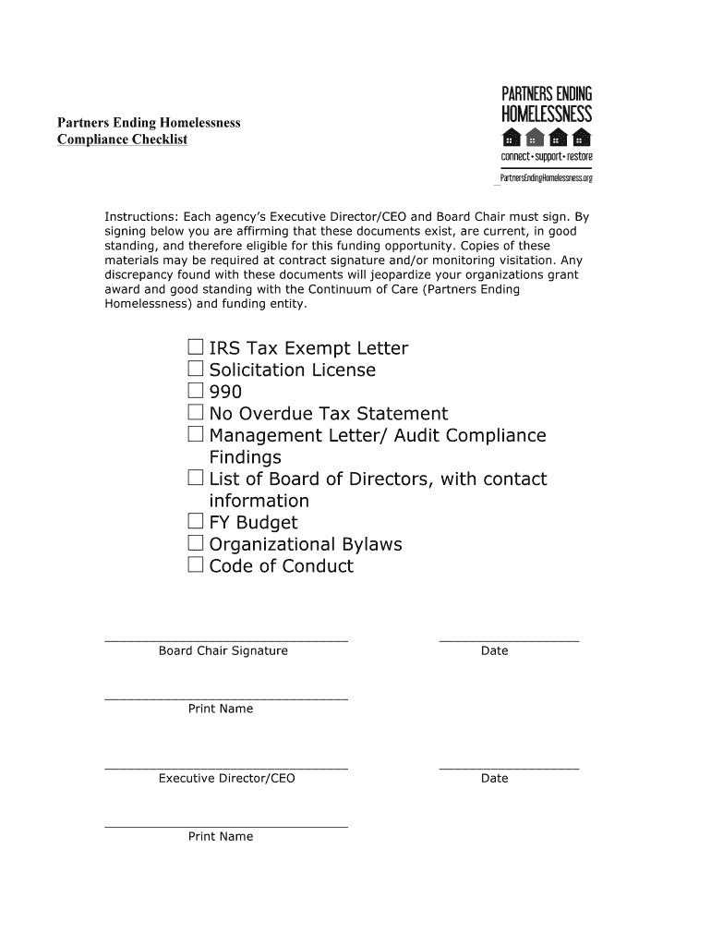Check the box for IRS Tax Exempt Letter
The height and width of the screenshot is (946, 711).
coord(196,347)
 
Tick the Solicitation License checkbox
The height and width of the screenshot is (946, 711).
coord(196,370)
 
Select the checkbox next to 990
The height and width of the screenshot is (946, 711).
coord(196,391)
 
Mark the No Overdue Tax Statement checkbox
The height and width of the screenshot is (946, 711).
coord(196,413)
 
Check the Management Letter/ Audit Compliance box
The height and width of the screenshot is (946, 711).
coord(196,434)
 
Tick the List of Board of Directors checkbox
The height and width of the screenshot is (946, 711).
coord(196,478)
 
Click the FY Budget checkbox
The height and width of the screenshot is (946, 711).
coord(196,521)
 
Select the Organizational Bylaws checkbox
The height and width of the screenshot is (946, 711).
coord(196,543)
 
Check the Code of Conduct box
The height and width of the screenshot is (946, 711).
coord(196,564)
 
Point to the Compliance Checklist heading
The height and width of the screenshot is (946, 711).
coord(123,139)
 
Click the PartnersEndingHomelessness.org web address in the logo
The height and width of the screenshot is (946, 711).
coord(546,176)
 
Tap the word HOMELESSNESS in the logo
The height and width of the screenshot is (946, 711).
coord(546,115)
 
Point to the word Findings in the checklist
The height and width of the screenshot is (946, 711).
coord(246,457)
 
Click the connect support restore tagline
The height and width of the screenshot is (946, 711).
coord(546,158)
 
